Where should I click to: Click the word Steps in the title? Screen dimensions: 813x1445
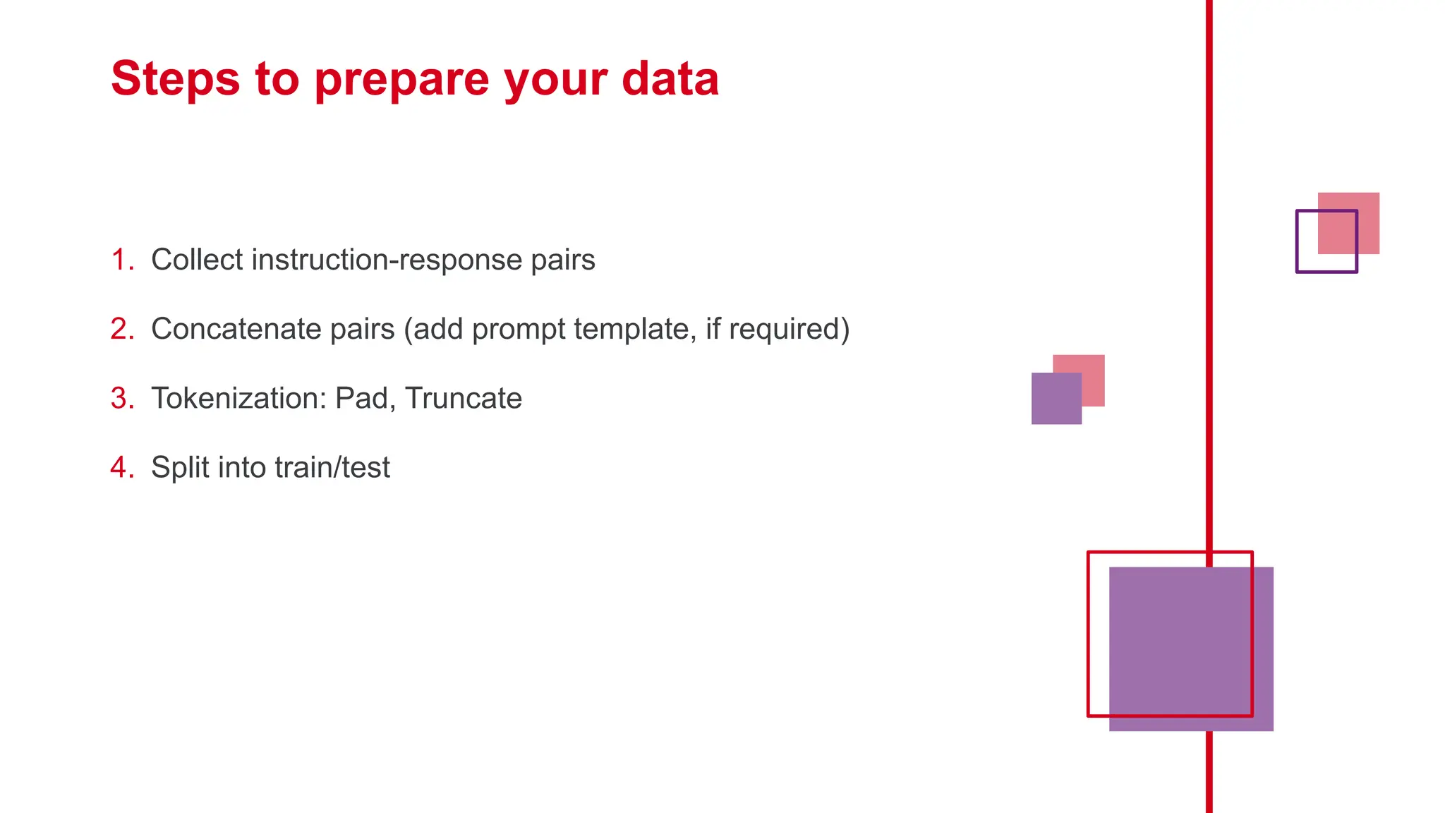click(x=175, y=79)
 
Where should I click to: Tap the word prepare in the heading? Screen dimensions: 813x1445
click(x=401, y=79)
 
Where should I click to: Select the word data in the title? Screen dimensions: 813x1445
click(x=670, y=79)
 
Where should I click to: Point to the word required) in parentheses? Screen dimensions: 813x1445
click(x=789, y=329)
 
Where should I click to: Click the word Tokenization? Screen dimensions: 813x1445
click(x=238, y=398)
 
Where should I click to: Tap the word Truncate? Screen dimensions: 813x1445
click(x=464, y=398)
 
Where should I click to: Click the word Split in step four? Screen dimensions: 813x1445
click(x=179, y=467)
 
